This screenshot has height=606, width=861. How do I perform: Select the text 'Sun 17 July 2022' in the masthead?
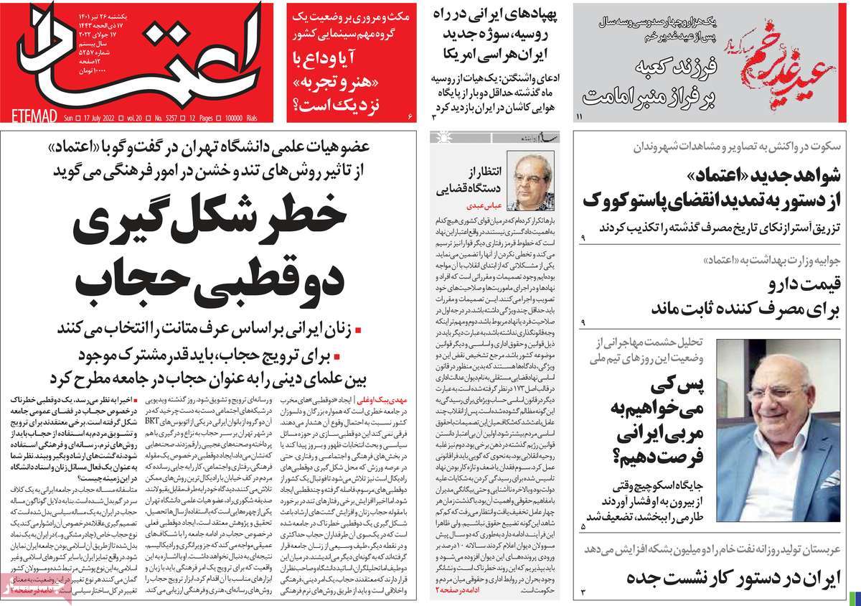(x=93, y=116)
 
